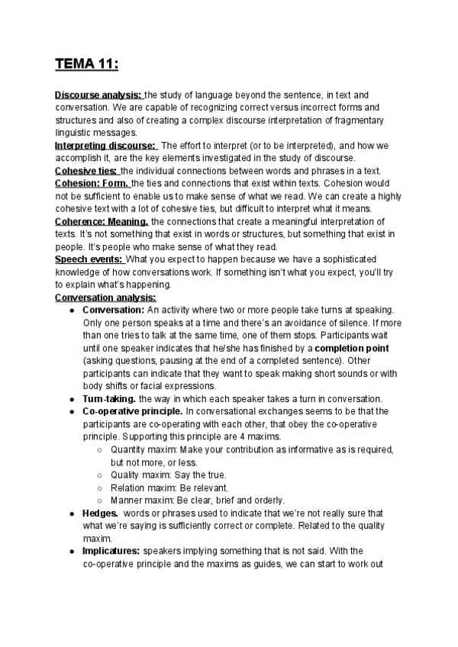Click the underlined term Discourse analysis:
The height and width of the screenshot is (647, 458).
click(x=98, y=95)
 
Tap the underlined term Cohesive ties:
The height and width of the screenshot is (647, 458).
click(x=86, y=170)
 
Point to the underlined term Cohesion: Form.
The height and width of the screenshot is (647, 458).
click(x=92, y=183)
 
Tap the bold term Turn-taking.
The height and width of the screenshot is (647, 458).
click(x=109, y=398)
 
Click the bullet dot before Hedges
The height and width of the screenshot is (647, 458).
click(x=71, y=513)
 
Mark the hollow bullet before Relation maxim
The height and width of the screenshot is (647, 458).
click(x=100, y=488)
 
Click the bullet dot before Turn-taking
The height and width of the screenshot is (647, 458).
click(x=71, y=398)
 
